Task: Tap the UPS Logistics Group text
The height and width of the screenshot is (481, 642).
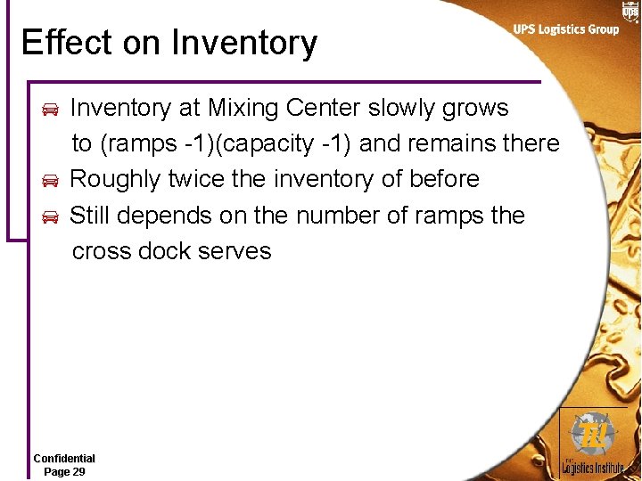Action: click(565, 29)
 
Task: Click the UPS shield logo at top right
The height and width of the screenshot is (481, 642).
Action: click(630, 12)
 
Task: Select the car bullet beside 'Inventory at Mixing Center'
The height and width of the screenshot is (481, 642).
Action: click(50, 110)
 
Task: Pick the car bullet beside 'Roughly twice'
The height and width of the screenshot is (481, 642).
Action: click(50, 181)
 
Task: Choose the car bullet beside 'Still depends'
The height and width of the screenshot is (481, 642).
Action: click(50, 216)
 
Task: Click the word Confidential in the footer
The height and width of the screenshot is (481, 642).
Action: click(64, 459)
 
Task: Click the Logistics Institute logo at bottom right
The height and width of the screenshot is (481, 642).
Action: click(594, 444)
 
